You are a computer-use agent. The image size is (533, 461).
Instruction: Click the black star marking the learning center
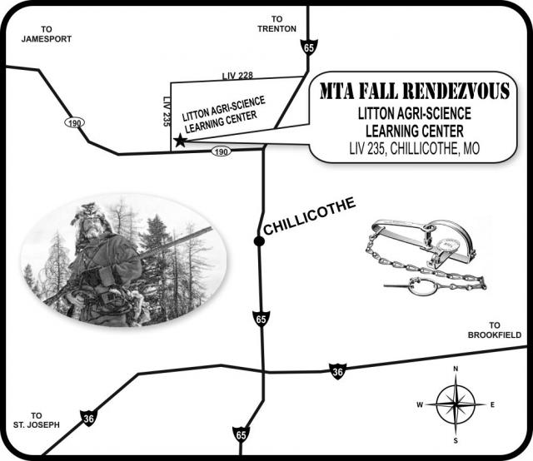point(180,141)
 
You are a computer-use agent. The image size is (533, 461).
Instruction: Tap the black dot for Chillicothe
point(259,241)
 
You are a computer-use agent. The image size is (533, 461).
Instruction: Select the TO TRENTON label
point(276,24)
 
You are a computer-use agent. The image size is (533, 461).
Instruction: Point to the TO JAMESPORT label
point(47,34)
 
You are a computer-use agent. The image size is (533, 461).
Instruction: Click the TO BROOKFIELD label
point(495,330)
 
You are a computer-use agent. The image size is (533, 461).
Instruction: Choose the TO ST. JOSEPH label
point(37,420)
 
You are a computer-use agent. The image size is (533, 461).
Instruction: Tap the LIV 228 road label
point(237,76)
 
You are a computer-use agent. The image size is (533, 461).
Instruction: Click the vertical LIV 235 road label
point(167,112)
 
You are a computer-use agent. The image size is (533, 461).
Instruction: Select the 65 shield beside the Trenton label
point(309,47)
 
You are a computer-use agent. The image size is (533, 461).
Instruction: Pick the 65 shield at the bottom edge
point(241,435)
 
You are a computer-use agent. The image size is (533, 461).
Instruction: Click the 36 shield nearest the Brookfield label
point(337,372)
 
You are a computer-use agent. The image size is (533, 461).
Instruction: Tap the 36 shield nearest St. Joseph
point(89,419)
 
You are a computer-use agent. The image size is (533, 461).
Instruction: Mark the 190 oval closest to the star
point(222,151)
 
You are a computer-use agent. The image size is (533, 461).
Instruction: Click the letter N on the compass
point(456,369)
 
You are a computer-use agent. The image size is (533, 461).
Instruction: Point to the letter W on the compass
point(420,404)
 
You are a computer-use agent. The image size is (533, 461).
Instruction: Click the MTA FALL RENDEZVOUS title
point(415,91)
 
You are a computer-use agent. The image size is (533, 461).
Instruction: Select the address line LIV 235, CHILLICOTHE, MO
point(415,148)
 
